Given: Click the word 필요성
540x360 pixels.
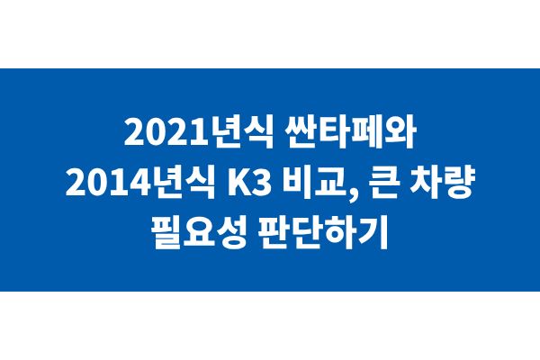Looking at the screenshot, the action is click(x=199, y=233).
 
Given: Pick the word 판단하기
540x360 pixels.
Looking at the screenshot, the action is click(x=323, y=233).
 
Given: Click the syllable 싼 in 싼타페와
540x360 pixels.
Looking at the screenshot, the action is click(x=301, y=132).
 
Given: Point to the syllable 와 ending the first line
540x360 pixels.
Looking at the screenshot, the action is click(x=400, y=132).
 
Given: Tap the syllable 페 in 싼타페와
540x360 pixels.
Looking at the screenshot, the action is click(x=367, y=132).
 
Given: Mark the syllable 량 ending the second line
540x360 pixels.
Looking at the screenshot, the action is click(x=459, y=183).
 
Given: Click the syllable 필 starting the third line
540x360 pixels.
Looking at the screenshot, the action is click(x=166, y=233).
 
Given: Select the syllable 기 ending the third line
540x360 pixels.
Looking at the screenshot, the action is click(x=374, y=233).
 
